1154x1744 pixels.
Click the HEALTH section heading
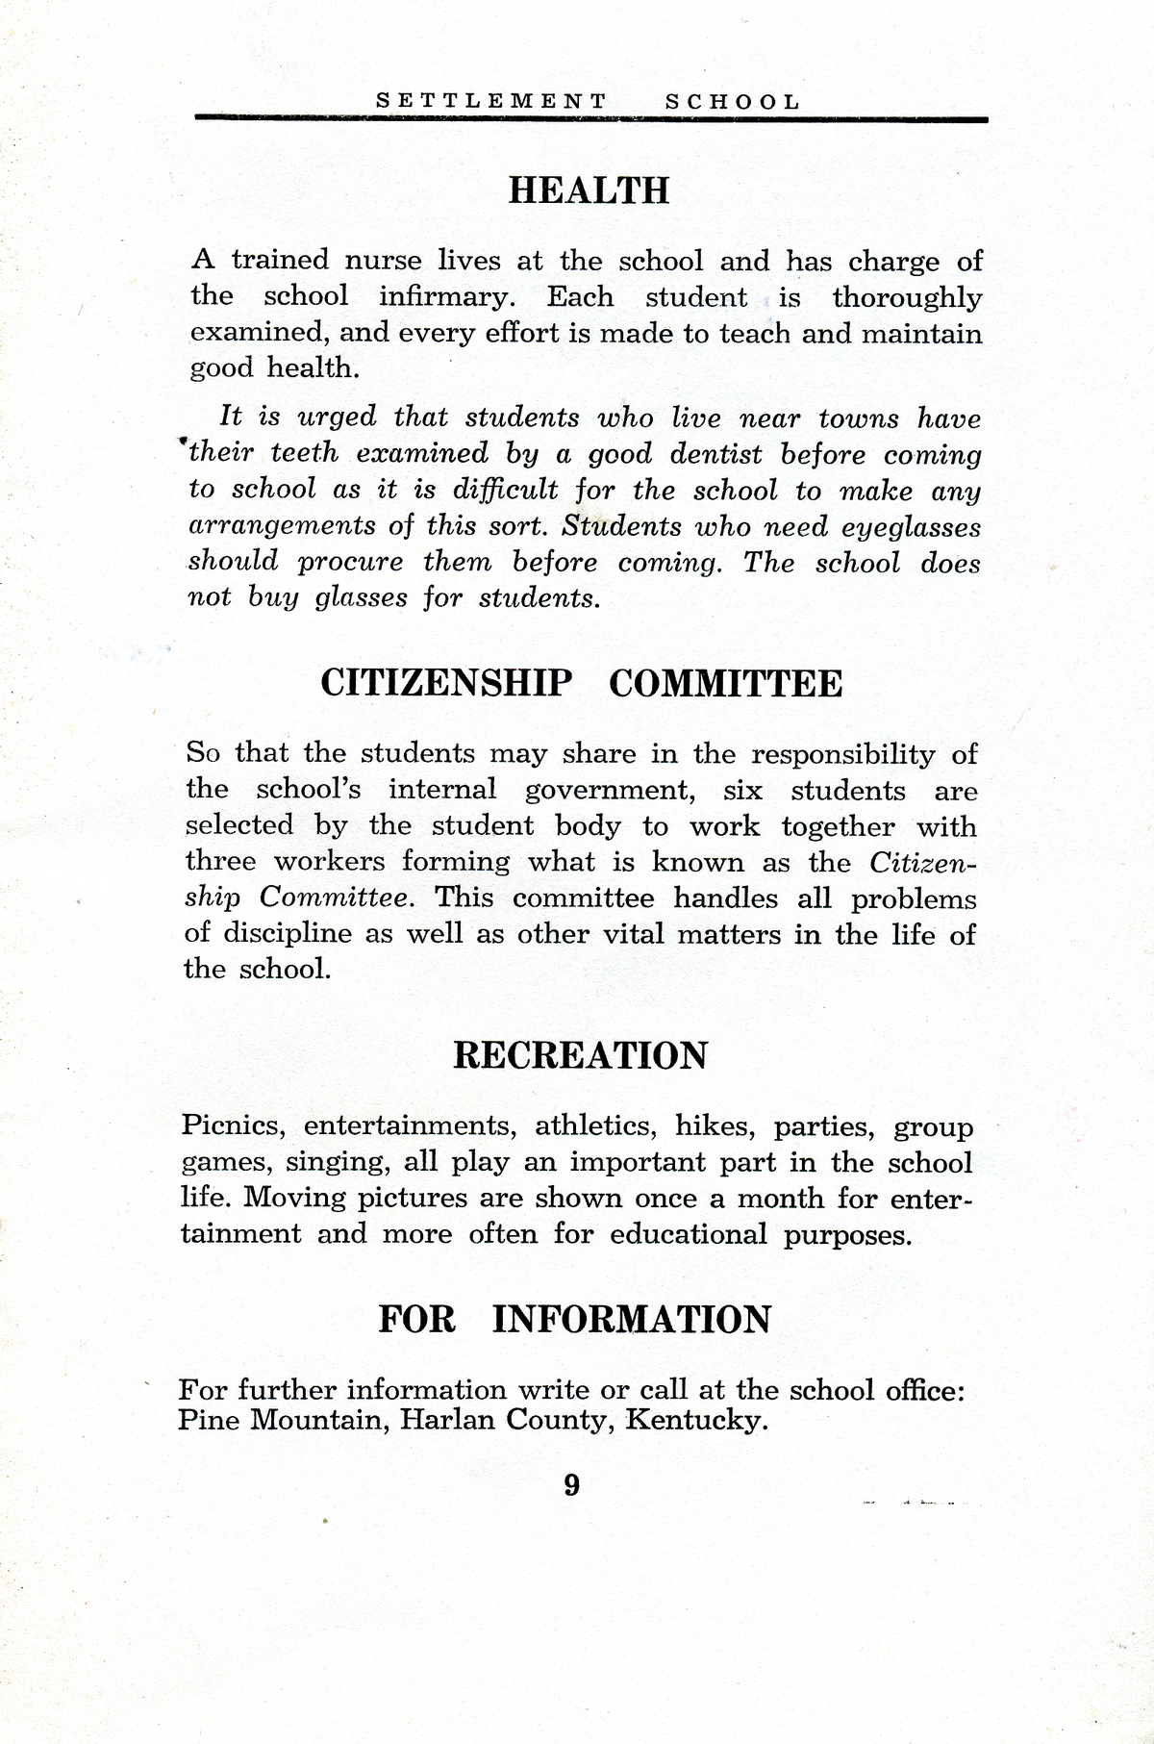[588, 190]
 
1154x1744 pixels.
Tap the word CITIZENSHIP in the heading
[445, 684]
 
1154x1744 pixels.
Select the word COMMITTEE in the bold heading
[726, 684]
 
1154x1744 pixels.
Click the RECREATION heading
[579, 1055]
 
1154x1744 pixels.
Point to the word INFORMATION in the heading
[631, 1319]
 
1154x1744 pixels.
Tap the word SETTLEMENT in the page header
[490, 101]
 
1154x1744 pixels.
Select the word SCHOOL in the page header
[732, 101]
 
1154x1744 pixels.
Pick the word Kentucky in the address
[696, 1421]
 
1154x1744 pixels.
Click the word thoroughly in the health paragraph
[907, 297]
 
